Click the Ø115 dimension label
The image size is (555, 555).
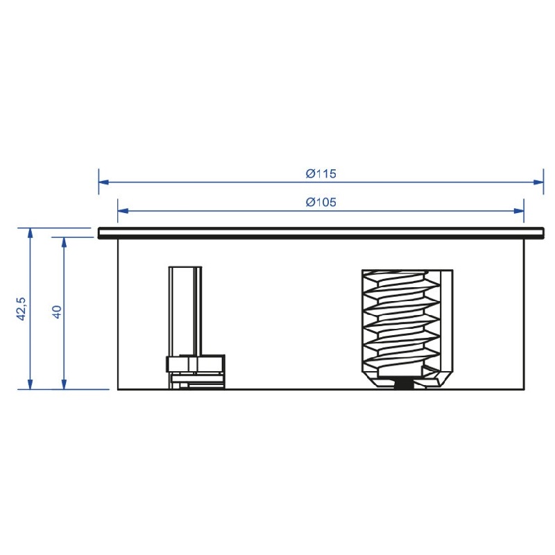[321, 173]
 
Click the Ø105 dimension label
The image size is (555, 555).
[321, 202]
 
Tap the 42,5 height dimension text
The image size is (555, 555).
[22, 309]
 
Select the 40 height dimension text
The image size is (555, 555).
[57, 311]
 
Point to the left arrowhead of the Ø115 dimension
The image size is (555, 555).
[103, 182]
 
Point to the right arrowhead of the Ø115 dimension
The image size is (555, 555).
[538, 182]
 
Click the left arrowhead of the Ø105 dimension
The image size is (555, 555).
[123, 211]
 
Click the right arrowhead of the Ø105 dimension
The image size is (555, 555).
[519, 211]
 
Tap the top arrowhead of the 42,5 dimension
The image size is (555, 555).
[30, 233]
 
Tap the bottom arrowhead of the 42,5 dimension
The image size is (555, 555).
[30, 384]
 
